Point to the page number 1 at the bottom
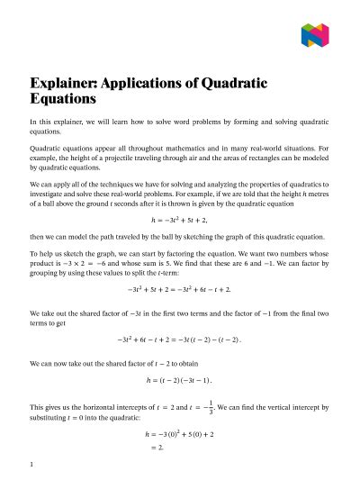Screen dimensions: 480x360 pos(31,465)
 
